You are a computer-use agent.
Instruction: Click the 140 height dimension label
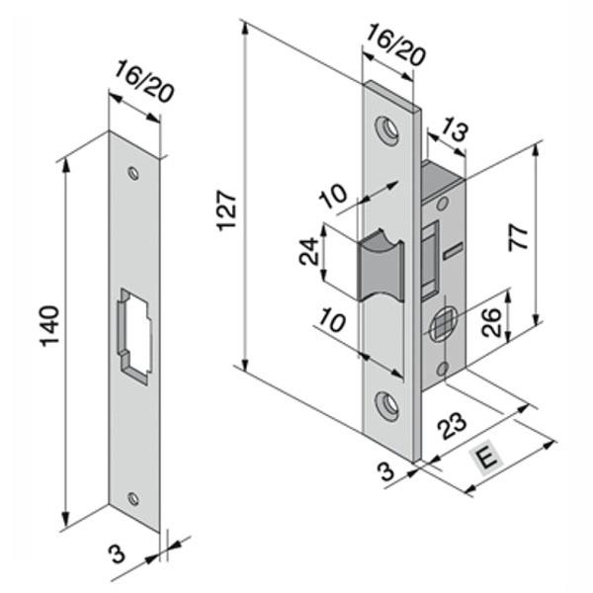pyautogui.click(x=50, y=326)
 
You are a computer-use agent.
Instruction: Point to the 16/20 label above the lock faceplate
pyautogui.click(x=394, y=44)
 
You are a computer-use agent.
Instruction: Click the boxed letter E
pyautogui.click(x=485, y=458)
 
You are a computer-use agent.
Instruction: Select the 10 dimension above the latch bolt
pyautogui.click(x=337, y=194)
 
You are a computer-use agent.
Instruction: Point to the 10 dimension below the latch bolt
pyautogui.click(x=335, y=322)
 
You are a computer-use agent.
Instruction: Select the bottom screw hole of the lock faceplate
pyautogui.click(x=387, y=402)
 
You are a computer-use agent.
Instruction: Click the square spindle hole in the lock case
pyautogui.click(x=443, y=322)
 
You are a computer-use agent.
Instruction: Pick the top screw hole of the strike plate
pyautogui.click(x=131, y=173)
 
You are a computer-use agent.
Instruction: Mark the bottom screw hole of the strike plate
pyautogui.click(x=133, y=497)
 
